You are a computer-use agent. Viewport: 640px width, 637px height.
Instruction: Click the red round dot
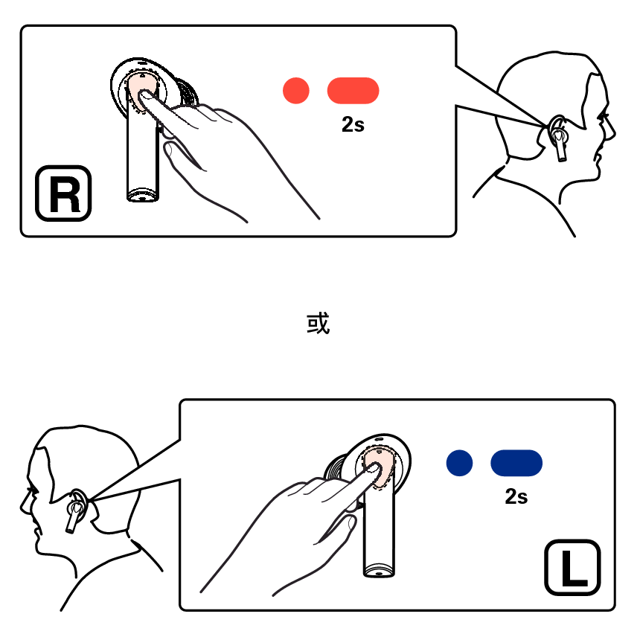[296, 91]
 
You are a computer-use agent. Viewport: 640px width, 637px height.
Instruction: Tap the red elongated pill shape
[353, 91]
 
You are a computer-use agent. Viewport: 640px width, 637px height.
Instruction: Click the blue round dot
[460, 463]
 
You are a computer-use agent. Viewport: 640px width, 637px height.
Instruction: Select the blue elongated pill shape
[516, 463]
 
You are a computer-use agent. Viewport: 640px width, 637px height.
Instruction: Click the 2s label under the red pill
[353, 124]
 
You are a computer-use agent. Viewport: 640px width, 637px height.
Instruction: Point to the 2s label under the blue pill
[516, 496]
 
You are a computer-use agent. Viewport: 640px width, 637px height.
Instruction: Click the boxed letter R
[63, 193]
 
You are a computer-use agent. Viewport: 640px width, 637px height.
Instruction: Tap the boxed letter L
[572, 567]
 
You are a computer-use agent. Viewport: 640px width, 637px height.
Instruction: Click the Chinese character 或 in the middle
[318, 323]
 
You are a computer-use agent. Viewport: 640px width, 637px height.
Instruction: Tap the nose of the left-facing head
[23, 505]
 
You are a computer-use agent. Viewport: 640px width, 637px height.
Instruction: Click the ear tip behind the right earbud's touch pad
[187, 93]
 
